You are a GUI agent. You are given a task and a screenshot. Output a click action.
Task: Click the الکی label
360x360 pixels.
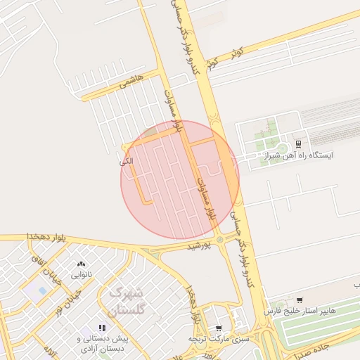click(127, 162)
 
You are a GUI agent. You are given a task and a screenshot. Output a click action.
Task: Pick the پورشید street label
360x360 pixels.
click(199, 246)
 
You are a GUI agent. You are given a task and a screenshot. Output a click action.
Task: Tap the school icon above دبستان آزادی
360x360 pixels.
click(102, 328)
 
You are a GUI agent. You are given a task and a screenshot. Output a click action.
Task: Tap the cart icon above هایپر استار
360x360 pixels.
click(300, 300)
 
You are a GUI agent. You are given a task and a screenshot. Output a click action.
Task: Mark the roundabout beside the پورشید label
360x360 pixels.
click(221, 240)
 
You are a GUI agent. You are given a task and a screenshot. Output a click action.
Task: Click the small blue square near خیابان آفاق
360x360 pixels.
click(42, 290)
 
